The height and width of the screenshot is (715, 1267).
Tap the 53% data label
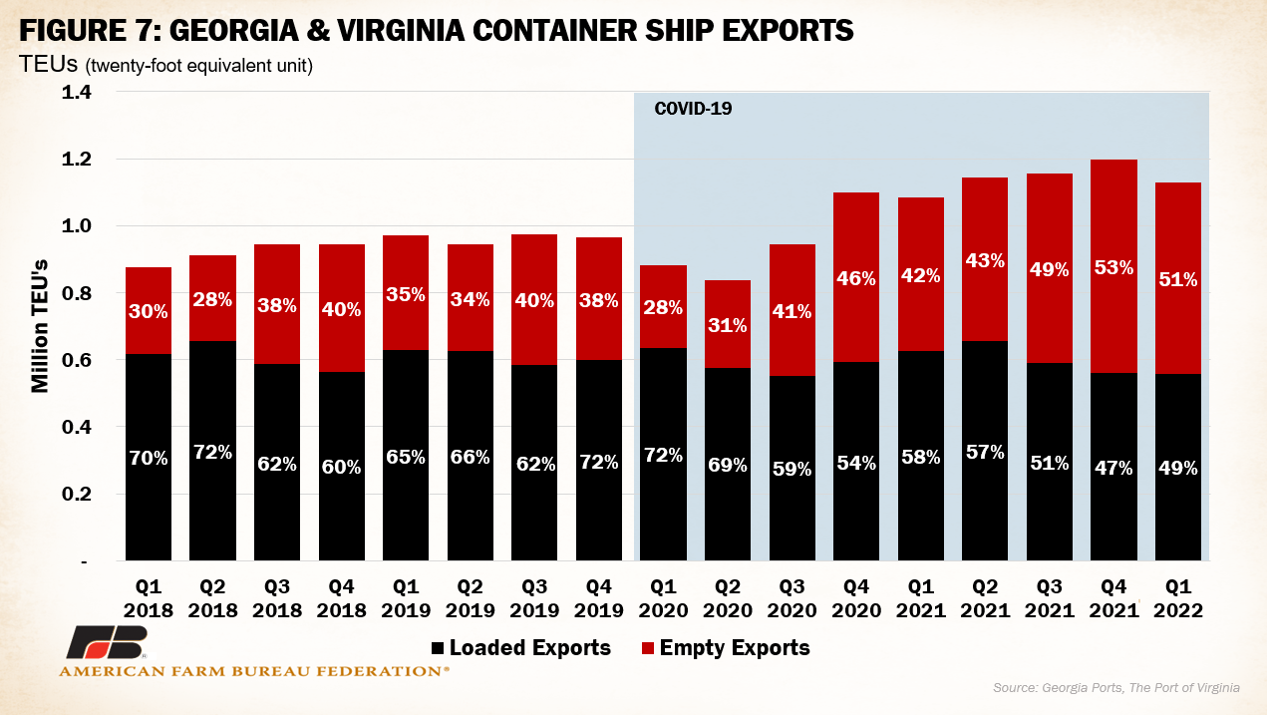[x=1113, y=267]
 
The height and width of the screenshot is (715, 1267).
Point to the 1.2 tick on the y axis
[x=77, y=160]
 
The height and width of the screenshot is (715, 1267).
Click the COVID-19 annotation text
[x=693, y=109]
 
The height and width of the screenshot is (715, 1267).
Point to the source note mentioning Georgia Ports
[x=1114, y=688]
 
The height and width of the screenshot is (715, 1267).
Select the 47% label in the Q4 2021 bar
[x=1113, y=468]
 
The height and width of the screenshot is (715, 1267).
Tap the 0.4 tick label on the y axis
[x=77, y=428]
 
